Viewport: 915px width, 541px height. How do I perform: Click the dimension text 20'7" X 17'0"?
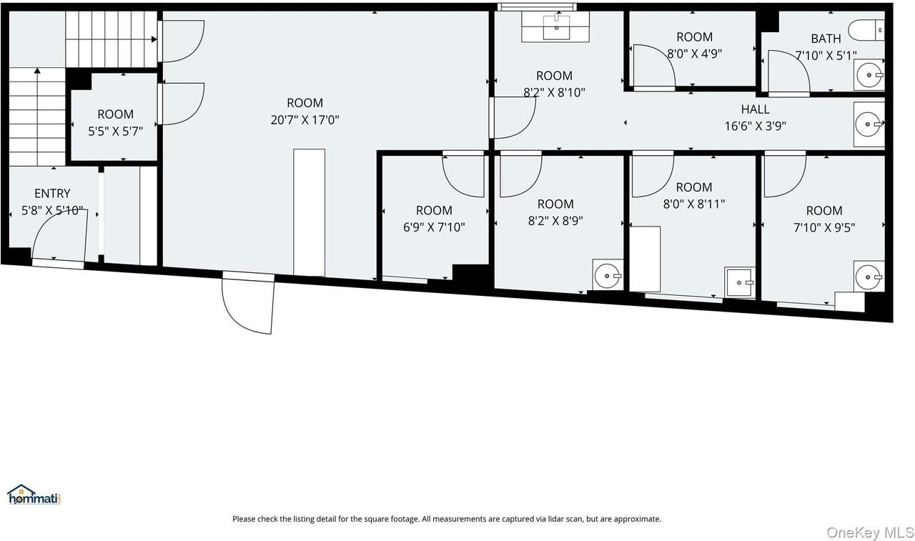[305, 120]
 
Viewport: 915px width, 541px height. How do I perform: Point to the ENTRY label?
[52, 194]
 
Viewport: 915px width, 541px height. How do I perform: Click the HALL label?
[755, 109]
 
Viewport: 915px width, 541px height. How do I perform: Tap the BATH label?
[826, 39]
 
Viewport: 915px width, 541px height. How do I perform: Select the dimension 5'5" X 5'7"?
[115, 131]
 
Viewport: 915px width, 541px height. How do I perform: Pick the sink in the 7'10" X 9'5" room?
[869, 276]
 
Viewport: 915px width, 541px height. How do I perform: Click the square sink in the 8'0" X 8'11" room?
[740, 282]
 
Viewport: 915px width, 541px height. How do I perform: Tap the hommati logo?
[34, 495]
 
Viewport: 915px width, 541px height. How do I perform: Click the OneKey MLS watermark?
[869, 532]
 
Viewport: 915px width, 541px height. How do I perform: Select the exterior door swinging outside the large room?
[249, 304]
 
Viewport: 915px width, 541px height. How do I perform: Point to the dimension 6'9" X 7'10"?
[434, 227]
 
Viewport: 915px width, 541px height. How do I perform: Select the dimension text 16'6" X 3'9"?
[755, 126]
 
